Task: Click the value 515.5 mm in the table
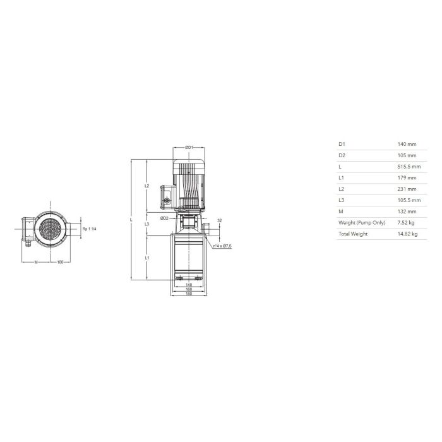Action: [409, 167]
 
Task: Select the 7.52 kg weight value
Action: [406, 223]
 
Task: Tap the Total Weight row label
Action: [353, 234]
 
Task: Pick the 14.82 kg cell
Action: [408, 234]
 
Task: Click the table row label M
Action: [341, 212]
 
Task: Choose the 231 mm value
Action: [407, 189]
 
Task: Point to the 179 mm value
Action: [407, 178]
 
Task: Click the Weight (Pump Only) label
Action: [362, 223]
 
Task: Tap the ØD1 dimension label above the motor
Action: [189, 147]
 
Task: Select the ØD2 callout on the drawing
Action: [164, 218]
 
